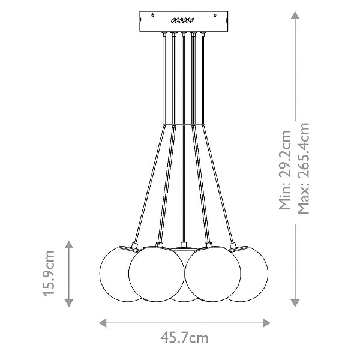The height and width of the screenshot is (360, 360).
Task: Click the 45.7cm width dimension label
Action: coord(184,338)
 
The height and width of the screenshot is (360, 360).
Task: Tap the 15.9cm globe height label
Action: coord(49,274)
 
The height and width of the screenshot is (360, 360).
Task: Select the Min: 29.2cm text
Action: coord(284,170)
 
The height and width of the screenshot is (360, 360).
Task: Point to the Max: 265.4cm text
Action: coord(304,168)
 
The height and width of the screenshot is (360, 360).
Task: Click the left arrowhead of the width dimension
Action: coord(103,323)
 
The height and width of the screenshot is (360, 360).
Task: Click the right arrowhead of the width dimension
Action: coord(266,323)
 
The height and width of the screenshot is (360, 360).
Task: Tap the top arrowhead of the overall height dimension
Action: coord(295,16)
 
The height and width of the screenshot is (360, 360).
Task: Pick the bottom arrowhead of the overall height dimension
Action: coord(295,303)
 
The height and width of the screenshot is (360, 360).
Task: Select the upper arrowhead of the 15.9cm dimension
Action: coord(69,245)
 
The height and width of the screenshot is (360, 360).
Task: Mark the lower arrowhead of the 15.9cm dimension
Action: coord(69,303)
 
